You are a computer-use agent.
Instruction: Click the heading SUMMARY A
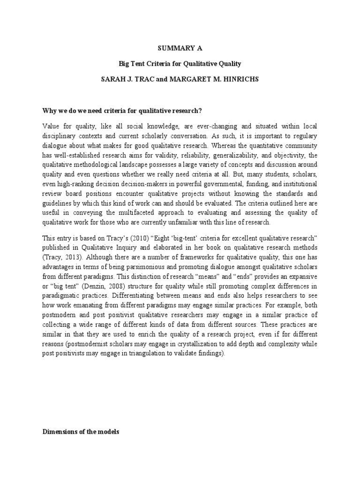(180, 47)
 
